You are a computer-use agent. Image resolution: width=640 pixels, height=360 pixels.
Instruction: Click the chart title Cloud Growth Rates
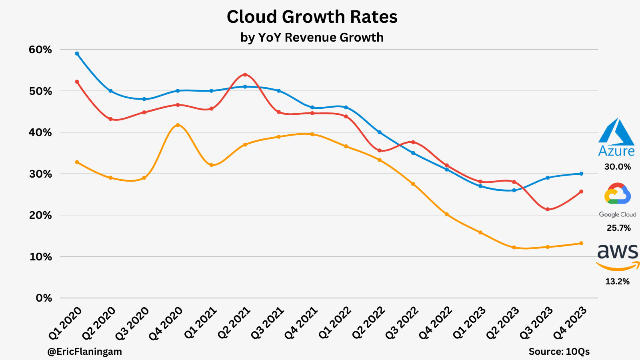[312, 17]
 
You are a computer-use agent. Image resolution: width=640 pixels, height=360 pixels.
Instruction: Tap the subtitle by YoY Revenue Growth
[312, 37]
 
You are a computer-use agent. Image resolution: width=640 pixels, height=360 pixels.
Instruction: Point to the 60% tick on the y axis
[40, 50]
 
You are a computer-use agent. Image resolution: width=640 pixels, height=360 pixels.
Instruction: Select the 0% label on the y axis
[44, 298]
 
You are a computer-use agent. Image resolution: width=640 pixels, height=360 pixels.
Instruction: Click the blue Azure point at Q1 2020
[77, 53]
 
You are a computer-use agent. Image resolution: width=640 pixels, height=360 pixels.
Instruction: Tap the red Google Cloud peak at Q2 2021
[245, 74]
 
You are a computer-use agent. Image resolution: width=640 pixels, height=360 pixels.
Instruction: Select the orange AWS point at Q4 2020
[178, 125]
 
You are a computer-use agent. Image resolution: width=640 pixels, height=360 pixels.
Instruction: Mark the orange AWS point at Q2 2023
[514, 247]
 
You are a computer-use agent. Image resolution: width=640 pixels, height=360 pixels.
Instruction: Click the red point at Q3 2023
[548, 209]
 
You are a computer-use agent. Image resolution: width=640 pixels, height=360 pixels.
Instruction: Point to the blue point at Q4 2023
[581, 174]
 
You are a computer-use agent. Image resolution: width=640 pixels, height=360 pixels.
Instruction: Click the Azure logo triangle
[616, 132]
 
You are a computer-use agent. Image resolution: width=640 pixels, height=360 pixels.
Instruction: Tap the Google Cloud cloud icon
[618, 194]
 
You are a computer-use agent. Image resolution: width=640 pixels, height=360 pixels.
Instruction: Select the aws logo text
[618, 252]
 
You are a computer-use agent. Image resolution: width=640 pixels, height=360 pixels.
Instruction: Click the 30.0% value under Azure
[618, 167]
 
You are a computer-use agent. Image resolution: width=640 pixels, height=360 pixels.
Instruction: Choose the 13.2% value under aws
[618, 282]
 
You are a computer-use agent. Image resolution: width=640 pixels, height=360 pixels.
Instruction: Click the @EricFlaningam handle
[84, 352]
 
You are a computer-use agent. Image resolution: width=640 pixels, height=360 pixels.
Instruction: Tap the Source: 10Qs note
[559, 352]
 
